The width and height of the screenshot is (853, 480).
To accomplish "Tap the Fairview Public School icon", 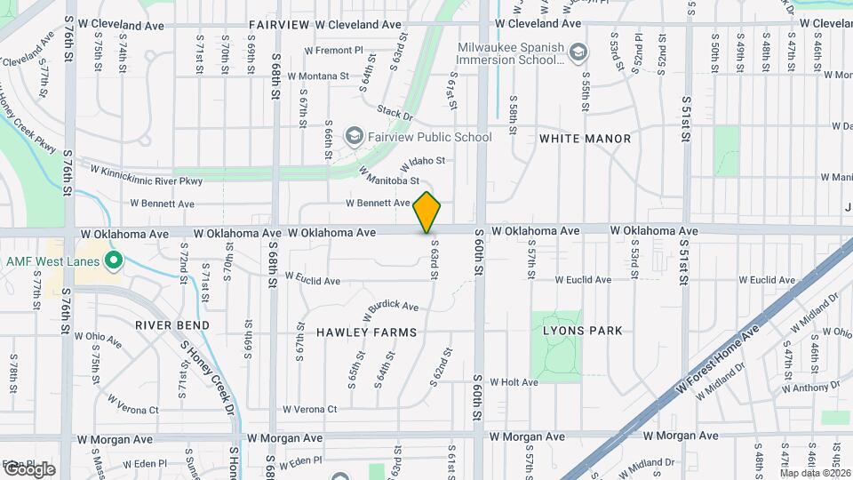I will point(355,136).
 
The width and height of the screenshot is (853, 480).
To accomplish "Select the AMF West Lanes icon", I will point(113,261).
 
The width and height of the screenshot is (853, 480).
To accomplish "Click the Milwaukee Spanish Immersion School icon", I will point(579,53).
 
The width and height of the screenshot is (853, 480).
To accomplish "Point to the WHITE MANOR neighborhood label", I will point(585,139).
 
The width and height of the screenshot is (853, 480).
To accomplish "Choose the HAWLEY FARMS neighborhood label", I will point(366,332).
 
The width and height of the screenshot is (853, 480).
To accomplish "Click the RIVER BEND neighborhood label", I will point(172,325).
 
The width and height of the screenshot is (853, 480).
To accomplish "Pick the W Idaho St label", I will point(422,163).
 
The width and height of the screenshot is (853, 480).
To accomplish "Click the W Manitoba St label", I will point(388,176).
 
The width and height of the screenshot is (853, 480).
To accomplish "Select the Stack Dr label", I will point(395,114).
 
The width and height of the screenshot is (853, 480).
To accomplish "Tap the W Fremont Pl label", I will point(333,51).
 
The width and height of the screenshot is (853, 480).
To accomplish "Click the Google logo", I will point(28,469).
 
